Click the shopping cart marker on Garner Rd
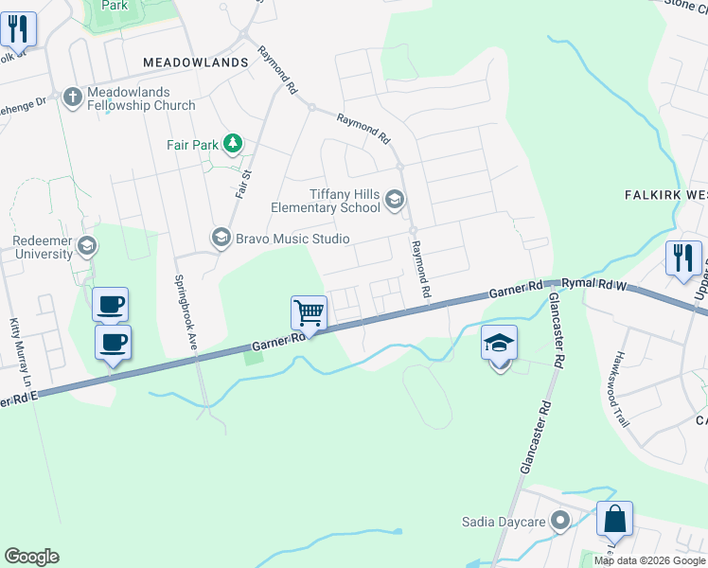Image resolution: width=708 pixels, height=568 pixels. tap(309, 312)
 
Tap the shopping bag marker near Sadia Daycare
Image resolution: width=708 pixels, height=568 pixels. tap(614, 520)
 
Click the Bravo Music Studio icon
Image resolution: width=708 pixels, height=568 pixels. tap(221, 238)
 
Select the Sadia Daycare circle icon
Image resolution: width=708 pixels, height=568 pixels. tap(560, 521)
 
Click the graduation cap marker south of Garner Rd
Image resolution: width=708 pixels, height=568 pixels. tap(500, 344)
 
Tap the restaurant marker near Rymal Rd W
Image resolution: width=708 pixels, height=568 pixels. tap(682, 257)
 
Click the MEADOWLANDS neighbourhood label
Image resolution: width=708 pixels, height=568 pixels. tap(195, 62)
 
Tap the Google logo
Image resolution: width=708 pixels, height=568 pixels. tap(31, 557)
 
